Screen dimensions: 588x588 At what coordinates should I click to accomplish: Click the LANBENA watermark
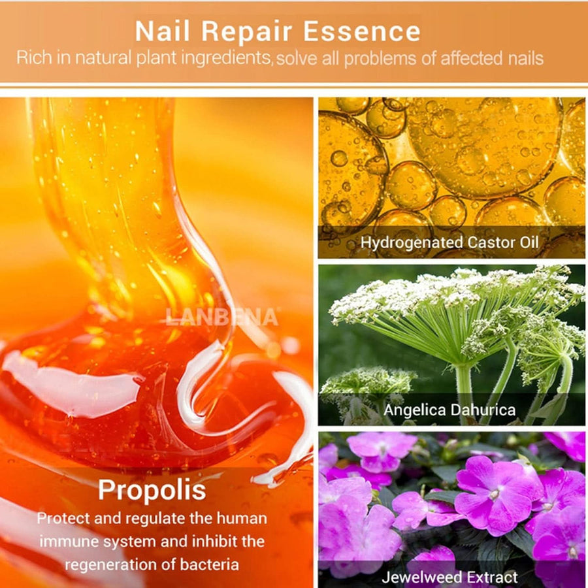point(221,318)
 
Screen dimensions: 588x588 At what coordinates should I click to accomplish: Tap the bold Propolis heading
point(152,491)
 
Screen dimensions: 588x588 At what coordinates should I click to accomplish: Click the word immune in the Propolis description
point(69,542)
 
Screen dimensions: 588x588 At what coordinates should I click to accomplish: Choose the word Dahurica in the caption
point(480,410)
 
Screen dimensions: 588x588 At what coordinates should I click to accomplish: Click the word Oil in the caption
point(530,244)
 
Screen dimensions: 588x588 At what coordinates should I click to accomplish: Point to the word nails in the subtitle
point(525,57)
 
